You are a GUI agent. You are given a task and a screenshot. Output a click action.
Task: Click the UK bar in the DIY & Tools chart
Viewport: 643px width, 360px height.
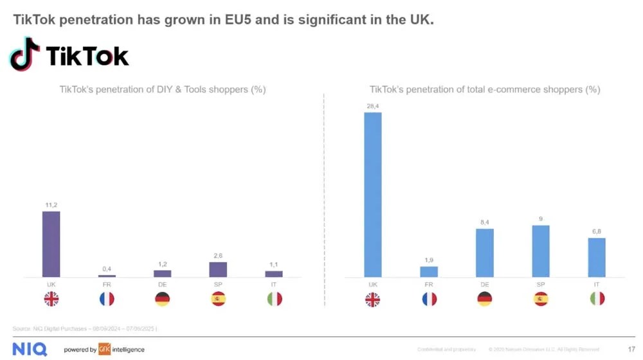(51, 244)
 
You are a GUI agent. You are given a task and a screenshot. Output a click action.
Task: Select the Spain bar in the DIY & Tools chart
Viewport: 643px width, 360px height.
(219, 269)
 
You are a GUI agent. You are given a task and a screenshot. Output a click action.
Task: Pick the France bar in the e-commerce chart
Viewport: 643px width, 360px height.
(429, 272)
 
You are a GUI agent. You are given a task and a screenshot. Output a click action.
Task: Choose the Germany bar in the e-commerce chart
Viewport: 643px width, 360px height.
(485, 253)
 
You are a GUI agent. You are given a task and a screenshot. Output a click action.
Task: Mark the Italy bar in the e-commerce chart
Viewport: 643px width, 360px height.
(597, 257)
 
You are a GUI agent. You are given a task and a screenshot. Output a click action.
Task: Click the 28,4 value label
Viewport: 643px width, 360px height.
(372, 105)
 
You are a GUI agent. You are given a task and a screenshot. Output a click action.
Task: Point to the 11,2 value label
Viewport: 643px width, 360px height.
(51, 204)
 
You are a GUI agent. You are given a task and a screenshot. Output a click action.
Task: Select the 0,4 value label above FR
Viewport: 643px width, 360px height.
(107, 269)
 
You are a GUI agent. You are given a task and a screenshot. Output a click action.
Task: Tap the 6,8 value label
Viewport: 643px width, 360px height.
(597, 231)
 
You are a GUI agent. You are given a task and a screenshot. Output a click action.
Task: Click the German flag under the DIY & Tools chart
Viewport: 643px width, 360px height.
(163, 299)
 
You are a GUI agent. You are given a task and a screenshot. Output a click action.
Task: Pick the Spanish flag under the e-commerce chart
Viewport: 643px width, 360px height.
(541, 299)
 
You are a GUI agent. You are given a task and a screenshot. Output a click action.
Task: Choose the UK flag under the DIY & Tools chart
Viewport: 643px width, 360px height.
(51, 299)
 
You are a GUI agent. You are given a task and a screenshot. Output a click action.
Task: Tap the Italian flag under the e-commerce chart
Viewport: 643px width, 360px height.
(597, 299)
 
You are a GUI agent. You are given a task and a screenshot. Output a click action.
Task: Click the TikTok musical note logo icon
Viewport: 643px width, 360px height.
(24, 54)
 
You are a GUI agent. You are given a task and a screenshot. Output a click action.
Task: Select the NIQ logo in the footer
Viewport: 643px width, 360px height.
(30, 349)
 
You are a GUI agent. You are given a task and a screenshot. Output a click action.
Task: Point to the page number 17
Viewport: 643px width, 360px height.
(631, 349)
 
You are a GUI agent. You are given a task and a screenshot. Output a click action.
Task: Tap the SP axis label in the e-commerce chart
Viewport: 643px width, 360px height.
(541, 284)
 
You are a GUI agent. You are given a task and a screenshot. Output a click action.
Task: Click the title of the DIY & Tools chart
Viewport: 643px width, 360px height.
(163, 89)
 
